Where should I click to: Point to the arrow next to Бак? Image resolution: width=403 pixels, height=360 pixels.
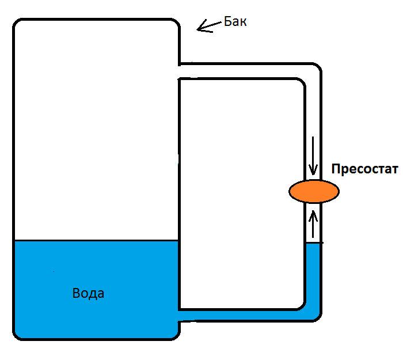[x=208, y=26]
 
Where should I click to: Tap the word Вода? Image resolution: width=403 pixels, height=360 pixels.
[x=88, y=293]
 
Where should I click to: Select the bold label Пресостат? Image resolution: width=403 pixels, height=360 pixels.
[x=364, y=170]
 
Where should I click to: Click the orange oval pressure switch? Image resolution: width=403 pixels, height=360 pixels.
[x=314, y=191]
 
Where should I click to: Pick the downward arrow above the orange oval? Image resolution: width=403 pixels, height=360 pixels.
[x=313, y=156]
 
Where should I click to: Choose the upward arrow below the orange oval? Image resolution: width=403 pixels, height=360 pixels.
[x=313, y=225]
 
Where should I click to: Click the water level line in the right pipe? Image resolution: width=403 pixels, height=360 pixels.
[x=313, y=243]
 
